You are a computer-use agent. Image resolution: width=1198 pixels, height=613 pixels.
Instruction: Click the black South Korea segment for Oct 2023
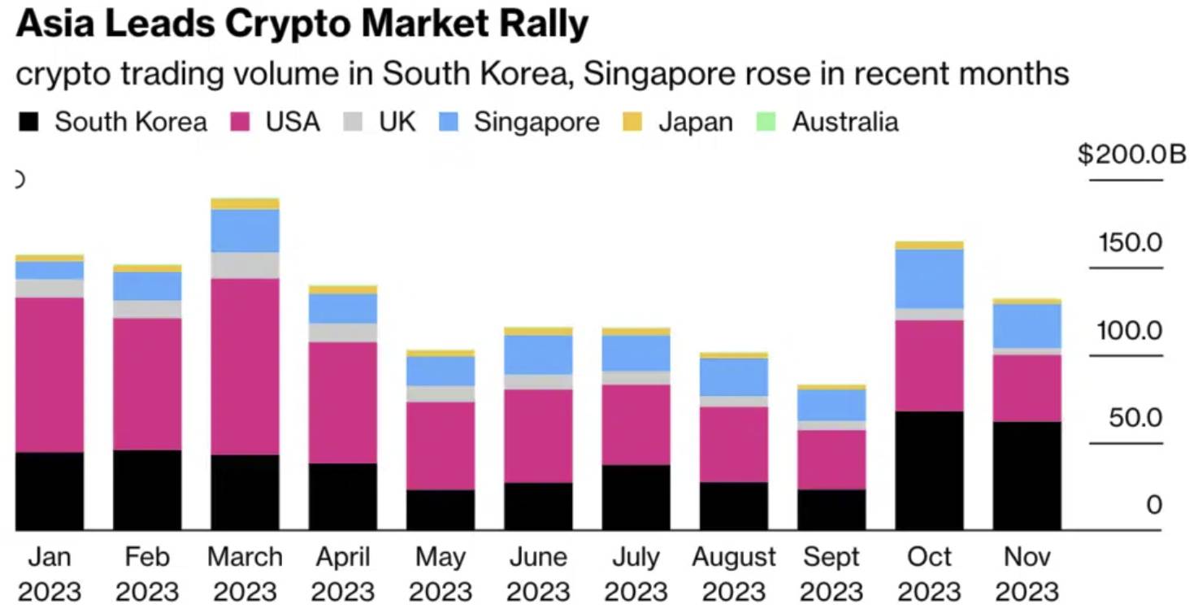pyautogui.click(x=929, y=471)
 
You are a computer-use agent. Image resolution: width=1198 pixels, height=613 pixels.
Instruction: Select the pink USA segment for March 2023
pyautogui.click(x=245, y=367)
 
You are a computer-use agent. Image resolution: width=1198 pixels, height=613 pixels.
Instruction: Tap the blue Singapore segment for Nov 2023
pyautogui.click(x=1027, y=326)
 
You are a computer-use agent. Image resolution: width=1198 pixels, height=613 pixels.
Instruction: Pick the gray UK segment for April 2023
pyautogui.click(x=343, y=333)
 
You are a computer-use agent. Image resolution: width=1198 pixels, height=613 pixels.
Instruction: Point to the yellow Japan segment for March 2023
pyautogui.click(x=245, y=204)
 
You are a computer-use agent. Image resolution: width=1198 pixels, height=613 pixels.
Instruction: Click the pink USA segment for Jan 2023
pyautogui.click(x=50, y=375)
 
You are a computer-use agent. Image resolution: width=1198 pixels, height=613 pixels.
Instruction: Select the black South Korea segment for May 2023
pyautogui.click(x=441, y=510)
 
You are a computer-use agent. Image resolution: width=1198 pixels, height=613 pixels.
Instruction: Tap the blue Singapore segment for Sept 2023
pyautogui.click(x=831, y=405)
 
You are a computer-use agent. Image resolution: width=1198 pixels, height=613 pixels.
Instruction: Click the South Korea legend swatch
pyautogui.click(x=28, y=121)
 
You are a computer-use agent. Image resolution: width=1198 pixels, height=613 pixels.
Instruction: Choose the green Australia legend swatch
pyautogui.click(x=766, y=121)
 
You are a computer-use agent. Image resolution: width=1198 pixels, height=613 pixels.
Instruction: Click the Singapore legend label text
pyautogui.click(x=536, y=123)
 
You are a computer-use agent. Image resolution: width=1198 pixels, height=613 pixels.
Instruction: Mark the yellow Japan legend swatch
pyautogui.click(x=632, y=121)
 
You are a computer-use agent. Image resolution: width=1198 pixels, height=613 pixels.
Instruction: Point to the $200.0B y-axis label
pyautogui.click(x=1131, y=154)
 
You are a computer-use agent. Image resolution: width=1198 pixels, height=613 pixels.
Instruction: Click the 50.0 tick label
pyautogui.click(x=1135, y=418)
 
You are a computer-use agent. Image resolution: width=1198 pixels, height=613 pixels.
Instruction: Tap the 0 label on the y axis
pyautogui.click(x=1154, y=505)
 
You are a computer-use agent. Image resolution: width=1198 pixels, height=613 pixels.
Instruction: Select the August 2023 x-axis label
pyautogui.click(x=734, y=575)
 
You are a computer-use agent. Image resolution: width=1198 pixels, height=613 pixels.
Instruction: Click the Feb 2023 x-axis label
pyautogui.click(x=147, y=575)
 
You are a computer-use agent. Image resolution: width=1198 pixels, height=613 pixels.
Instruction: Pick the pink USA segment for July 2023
pyautogui.click(x=636, y=424)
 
